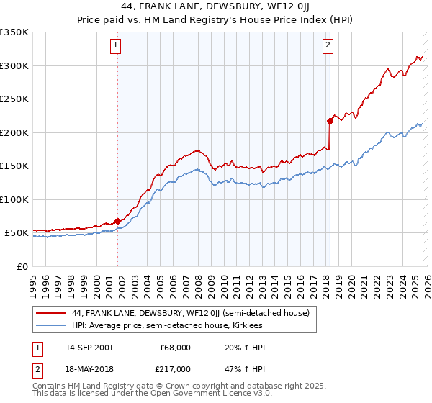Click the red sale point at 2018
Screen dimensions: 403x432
coord(330,121)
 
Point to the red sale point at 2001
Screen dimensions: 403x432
coord(118,221)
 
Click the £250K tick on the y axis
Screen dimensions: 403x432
coord(14,99)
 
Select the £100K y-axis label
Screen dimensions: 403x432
coord(14,199)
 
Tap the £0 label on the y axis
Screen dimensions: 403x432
coord(22,266)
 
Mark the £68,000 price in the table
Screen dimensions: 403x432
coord(176,347)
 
